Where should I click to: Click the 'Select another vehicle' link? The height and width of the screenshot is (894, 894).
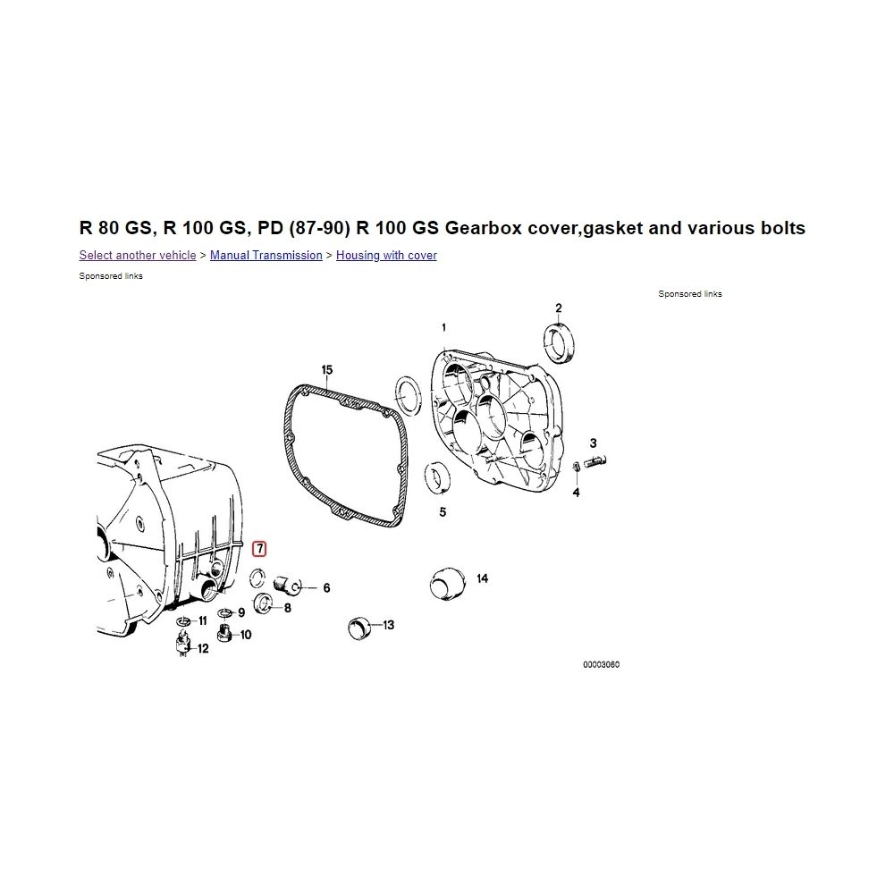point(138,256)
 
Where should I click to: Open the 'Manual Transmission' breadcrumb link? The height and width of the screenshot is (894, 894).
point(266,256)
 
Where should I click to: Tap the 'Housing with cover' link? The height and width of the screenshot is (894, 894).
point(386,256)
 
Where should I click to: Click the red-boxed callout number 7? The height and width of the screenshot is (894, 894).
point(259,549)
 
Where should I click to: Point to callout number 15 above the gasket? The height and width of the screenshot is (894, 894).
point(326,370)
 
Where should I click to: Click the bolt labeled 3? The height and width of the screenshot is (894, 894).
point(595,460)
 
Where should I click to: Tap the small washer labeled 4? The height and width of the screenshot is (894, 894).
point(576,467)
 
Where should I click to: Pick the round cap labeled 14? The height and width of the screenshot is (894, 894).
point(448,584)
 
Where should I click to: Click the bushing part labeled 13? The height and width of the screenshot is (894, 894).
point(358,628)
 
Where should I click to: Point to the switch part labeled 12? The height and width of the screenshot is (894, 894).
point(183,645)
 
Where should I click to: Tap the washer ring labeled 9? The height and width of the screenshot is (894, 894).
point(224,612)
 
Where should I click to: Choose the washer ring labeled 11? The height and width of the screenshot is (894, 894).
point(183,620)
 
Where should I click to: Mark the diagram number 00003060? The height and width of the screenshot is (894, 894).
point(601,665)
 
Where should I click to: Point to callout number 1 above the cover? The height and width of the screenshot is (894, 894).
point(443,328)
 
